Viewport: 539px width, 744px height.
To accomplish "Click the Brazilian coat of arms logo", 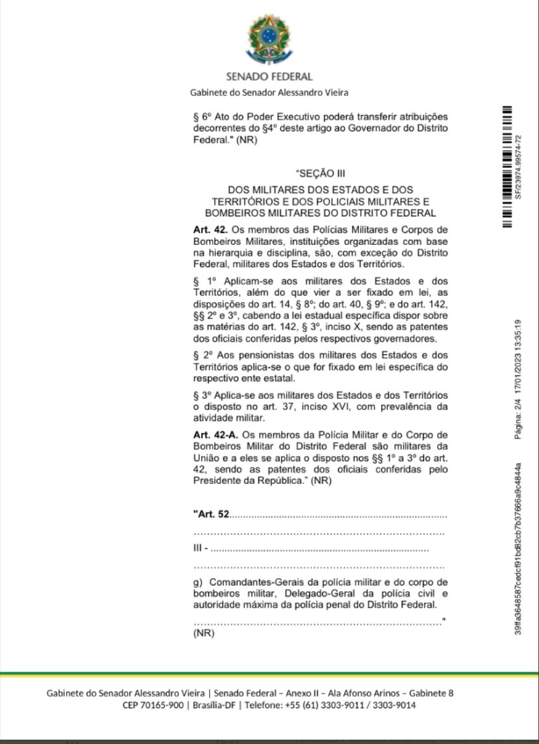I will (x=269, y=40).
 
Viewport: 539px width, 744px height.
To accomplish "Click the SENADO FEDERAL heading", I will (x=269, y=77).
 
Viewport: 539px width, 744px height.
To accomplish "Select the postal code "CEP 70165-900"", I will (x=153, y=705).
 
